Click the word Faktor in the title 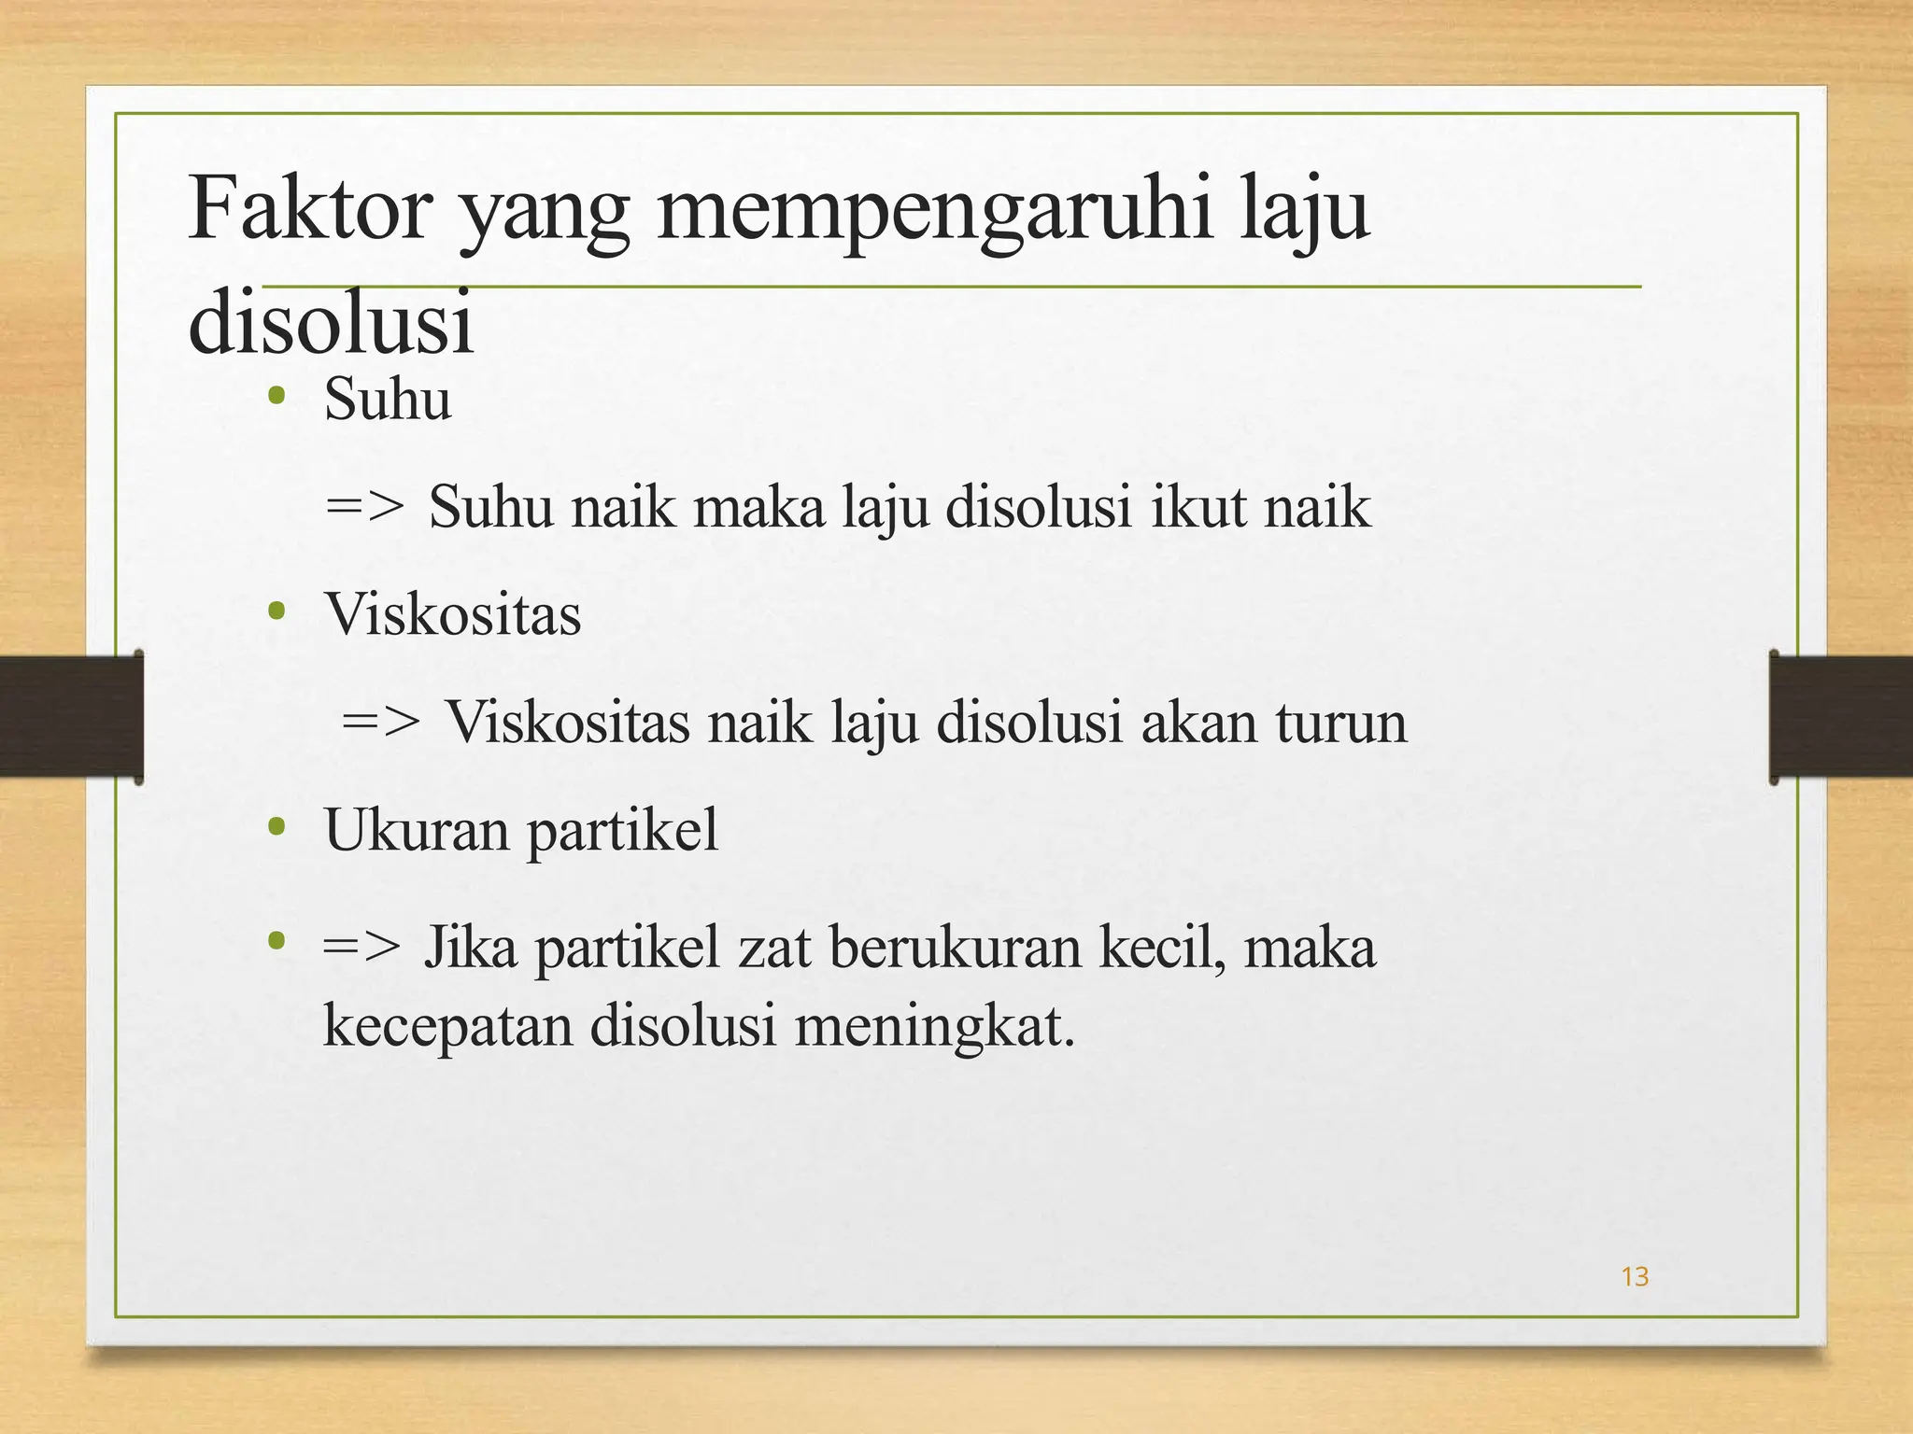309,210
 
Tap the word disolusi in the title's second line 332,322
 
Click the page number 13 1635,1276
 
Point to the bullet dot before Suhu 276,397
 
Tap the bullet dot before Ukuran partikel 276,827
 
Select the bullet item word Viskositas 453,614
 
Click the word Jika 471,947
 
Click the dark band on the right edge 1840,716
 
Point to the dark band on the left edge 71,716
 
